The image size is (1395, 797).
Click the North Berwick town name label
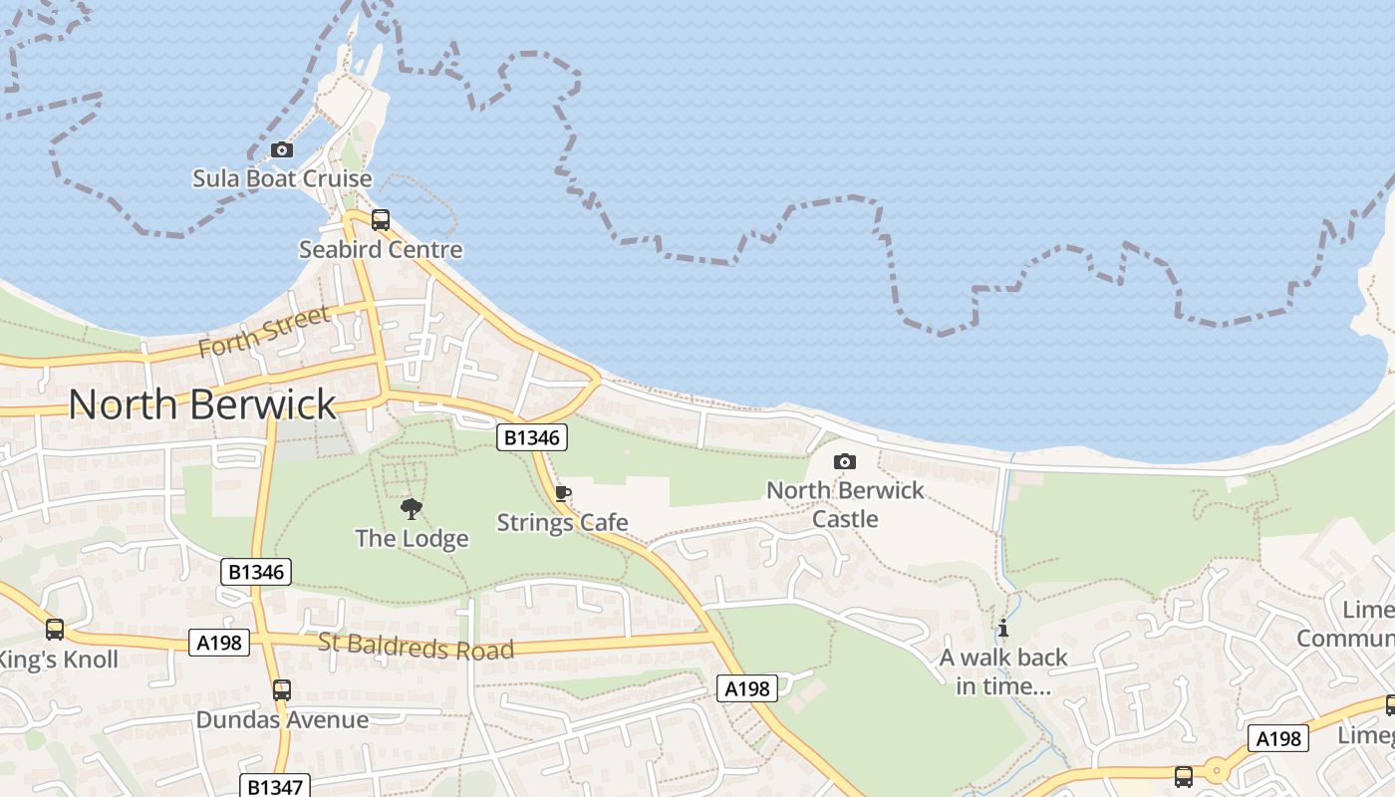202,404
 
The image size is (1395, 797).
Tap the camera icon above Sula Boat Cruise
282,150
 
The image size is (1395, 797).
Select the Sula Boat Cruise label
282,179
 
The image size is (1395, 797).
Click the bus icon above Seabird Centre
380,220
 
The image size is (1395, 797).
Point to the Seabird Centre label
381,249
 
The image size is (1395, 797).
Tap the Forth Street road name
264,332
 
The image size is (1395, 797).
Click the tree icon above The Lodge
411,510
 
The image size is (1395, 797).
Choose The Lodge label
412,539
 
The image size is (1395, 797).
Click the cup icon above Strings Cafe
562,493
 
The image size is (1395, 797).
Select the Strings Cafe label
562,522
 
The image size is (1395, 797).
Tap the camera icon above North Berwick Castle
844,461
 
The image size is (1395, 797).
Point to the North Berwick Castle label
845,504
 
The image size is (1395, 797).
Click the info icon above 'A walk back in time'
1002,629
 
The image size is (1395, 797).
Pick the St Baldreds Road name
416,646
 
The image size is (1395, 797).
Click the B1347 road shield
274,787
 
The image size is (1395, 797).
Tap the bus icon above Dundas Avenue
282,689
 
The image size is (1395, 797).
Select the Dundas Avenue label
282,719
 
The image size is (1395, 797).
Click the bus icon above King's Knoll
55,630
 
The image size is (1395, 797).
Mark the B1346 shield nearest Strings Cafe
533,436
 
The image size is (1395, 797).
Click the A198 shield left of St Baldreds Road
218,643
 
